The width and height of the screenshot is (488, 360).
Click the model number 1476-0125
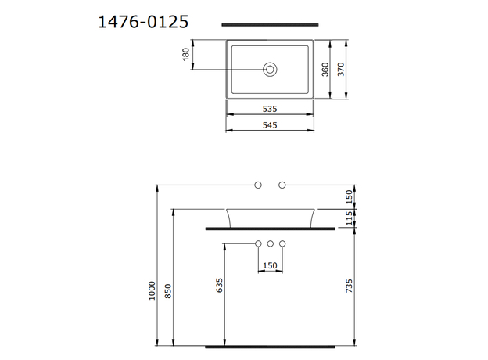coord(142,22)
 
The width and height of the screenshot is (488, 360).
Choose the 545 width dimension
coord(271,125)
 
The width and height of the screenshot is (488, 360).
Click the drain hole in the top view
coord(271,70)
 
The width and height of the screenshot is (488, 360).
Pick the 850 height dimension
coord(168,290)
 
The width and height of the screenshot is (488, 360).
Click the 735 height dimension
coord(350,286)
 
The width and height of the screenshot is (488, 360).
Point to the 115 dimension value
coord(350,218)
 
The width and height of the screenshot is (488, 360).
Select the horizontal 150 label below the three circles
coord(271,266)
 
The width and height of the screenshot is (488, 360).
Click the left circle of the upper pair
coord(258,185)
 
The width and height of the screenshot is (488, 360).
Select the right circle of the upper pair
coord(282,185)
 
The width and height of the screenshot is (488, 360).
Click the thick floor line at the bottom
coord(271,345)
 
